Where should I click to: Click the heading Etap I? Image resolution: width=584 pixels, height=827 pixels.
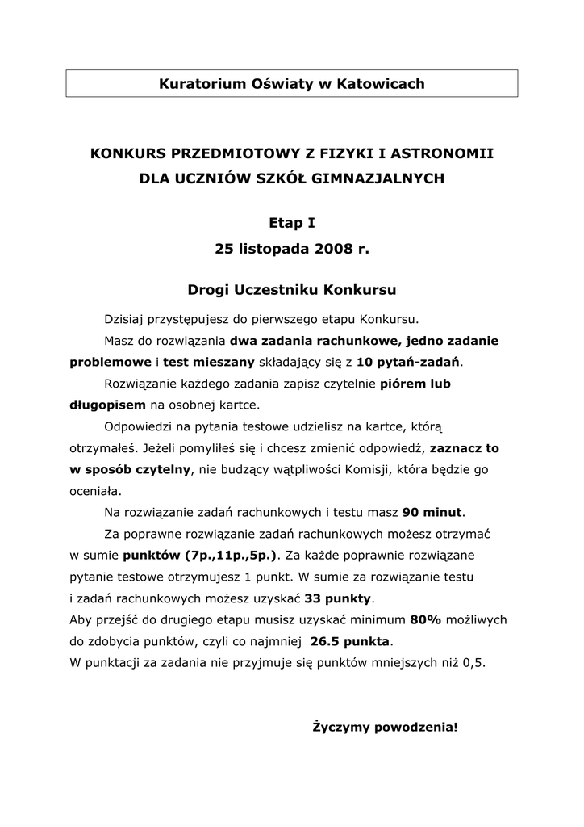point(291,222)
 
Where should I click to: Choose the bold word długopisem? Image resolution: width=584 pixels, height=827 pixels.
point(107,404)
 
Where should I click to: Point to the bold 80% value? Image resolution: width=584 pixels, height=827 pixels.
point(425,620)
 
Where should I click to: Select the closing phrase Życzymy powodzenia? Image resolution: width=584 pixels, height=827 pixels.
point(385,728)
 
